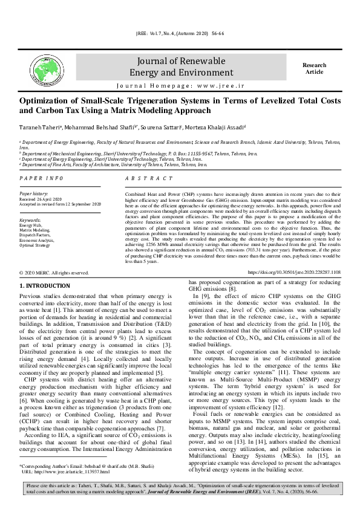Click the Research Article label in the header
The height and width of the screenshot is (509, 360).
[x=314, y=68]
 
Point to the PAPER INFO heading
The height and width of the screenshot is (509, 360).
[x=41, y=179]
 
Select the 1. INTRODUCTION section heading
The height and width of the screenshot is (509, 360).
[x=46, y=285]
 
